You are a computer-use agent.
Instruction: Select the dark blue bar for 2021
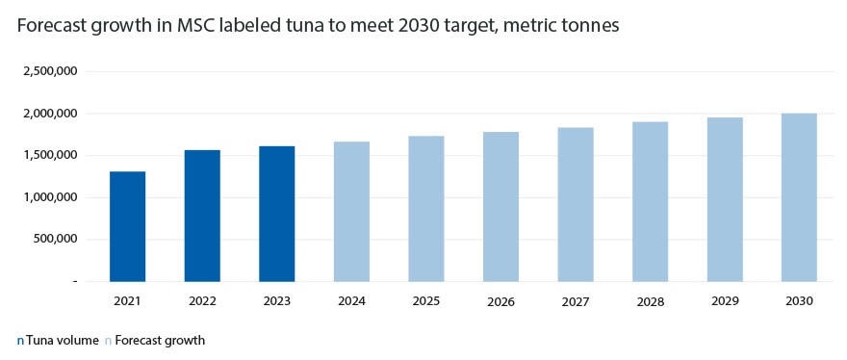(x=127, y=226)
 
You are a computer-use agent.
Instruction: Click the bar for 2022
(x=202, y=216)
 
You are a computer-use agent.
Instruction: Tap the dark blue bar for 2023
(x=276, y=214)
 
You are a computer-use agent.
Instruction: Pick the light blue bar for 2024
(x=351, y=211)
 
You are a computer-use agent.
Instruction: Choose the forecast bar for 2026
(x=500, y=206)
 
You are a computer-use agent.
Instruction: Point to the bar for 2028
(x=650, y=201)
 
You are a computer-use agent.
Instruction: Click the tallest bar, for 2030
(x=799, y=197)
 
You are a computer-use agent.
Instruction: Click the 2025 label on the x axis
(x=425, y=301)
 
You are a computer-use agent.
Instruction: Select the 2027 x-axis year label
(x=575, y=301)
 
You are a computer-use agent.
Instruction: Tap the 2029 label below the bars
(x=724, y=301)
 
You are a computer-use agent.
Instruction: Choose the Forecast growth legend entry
(x=159, y=340)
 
